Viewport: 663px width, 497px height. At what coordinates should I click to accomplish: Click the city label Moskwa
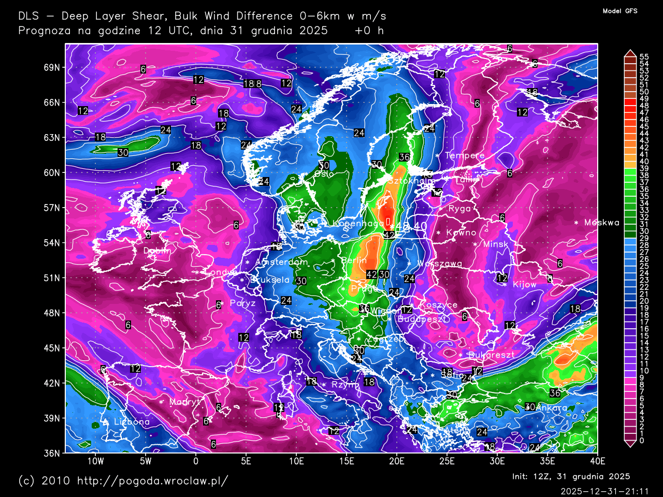[601, 223]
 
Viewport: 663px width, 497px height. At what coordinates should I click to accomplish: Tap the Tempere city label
[465, 155]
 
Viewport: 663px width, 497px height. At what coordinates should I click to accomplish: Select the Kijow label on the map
[524, 285]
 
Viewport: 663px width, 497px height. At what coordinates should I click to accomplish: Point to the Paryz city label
[242, 303]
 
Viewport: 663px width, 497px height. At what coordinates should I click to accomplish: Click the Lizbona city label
[132, 422]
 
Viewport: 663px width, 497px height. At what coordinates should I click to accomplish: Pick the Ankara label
[551, 408]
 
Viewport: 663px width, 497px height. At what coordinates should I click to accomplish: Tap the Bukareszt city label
[491, 355]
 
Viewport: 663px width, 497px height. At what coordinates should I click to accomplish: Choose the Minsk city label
[495, 244]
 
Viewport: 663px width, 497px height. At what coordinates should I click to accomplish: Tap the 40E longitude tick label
[598, 461]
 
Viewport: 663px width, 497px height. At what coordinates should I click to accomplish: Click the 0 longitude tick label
[196, 461]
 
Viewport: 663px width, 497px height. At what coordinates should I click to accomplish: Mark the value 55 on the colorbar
[644, 57]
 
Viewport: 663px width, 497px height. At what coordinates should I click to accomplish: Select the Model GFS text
[620, 11]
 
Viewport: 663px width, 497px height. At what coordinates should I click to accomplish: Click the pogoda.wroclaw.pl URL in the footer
[152, 481]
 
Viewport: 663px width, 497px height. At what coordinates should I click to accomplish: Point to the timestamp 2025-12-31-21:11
[604, 491]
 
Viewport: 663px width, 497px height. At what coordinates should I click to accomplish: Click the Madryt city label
[184, 402]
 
